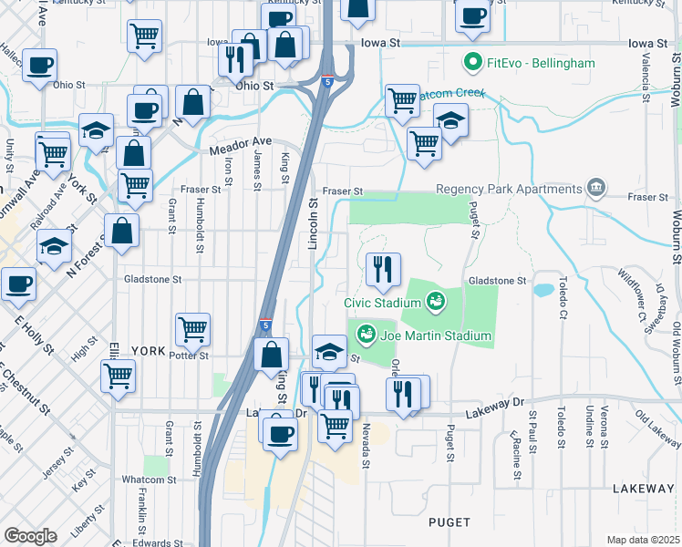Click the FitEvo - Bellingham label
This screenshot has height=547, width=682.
click(541, 64)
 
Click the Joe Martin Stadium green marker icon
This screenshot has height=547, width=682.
click(366, 335)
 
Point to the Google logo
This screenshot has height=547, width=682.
click(30, 535)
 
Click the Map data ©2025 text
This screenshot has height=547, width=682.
click(643, 540)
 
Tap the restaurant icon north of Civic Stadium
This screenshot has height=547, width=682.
click(383, 269)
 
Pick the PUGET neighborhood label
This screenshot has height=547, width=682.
click(449, 522)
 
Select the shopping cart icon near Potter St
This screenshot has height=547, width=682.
click(192, 329)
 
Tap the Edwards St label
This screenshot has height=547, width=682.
click(150, 543)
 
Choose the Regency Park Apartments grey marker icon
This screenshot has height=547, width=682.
click(597, 188)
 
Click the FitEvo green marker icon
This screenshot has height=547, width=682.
click(473, 64)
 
